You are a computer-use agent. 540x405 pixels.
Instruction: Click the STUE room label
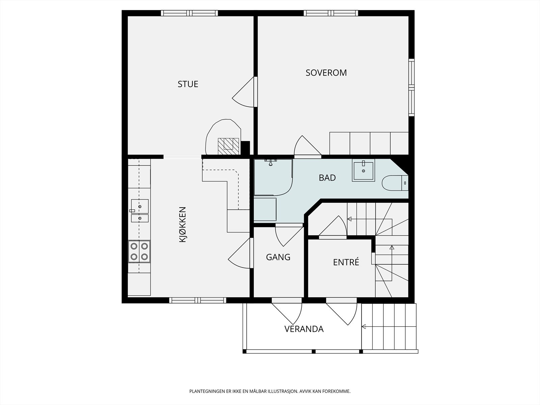coord(188,84)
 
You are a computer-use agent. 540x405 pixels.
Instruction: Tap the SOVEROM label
coord(326,73)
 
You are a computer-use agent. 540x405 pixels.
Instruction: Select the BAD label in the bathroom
coord(327,178)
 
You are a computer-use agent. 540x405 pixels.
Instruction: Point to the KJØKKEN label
coord(183,224)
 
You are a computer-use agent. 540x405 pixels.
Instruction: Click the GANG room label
coord(278,257)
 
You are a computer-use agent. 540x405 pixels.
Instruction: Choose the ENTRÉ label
coord(346,262)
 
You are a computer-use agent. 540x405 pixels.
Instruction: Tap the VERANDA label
coord(304,329)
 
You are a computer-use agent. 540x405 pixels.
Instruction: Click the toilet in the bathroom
coord(395,183)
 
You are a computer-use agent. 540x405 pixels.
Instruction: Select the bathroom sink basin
coord(363,170)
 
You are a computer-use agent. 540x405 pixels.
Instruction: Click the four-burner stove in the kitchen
coord(139,251)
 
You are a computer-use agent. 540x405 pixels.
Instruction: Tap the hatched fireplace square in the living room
coord(228,146)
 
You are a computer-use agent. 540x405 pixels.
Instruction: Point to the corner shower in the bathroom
coord(273,177)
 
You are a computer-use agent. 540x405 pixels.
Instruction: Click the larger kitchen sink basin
coord(140,206)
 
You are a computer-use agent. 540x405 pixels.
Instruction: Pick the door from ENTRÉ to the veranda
coord(342,312)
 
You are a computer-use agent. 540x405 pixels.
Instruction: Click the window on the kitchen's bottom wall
coord(197,300)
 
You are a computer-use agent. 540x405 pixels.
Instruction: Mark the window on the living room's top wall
coord(189,13)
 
